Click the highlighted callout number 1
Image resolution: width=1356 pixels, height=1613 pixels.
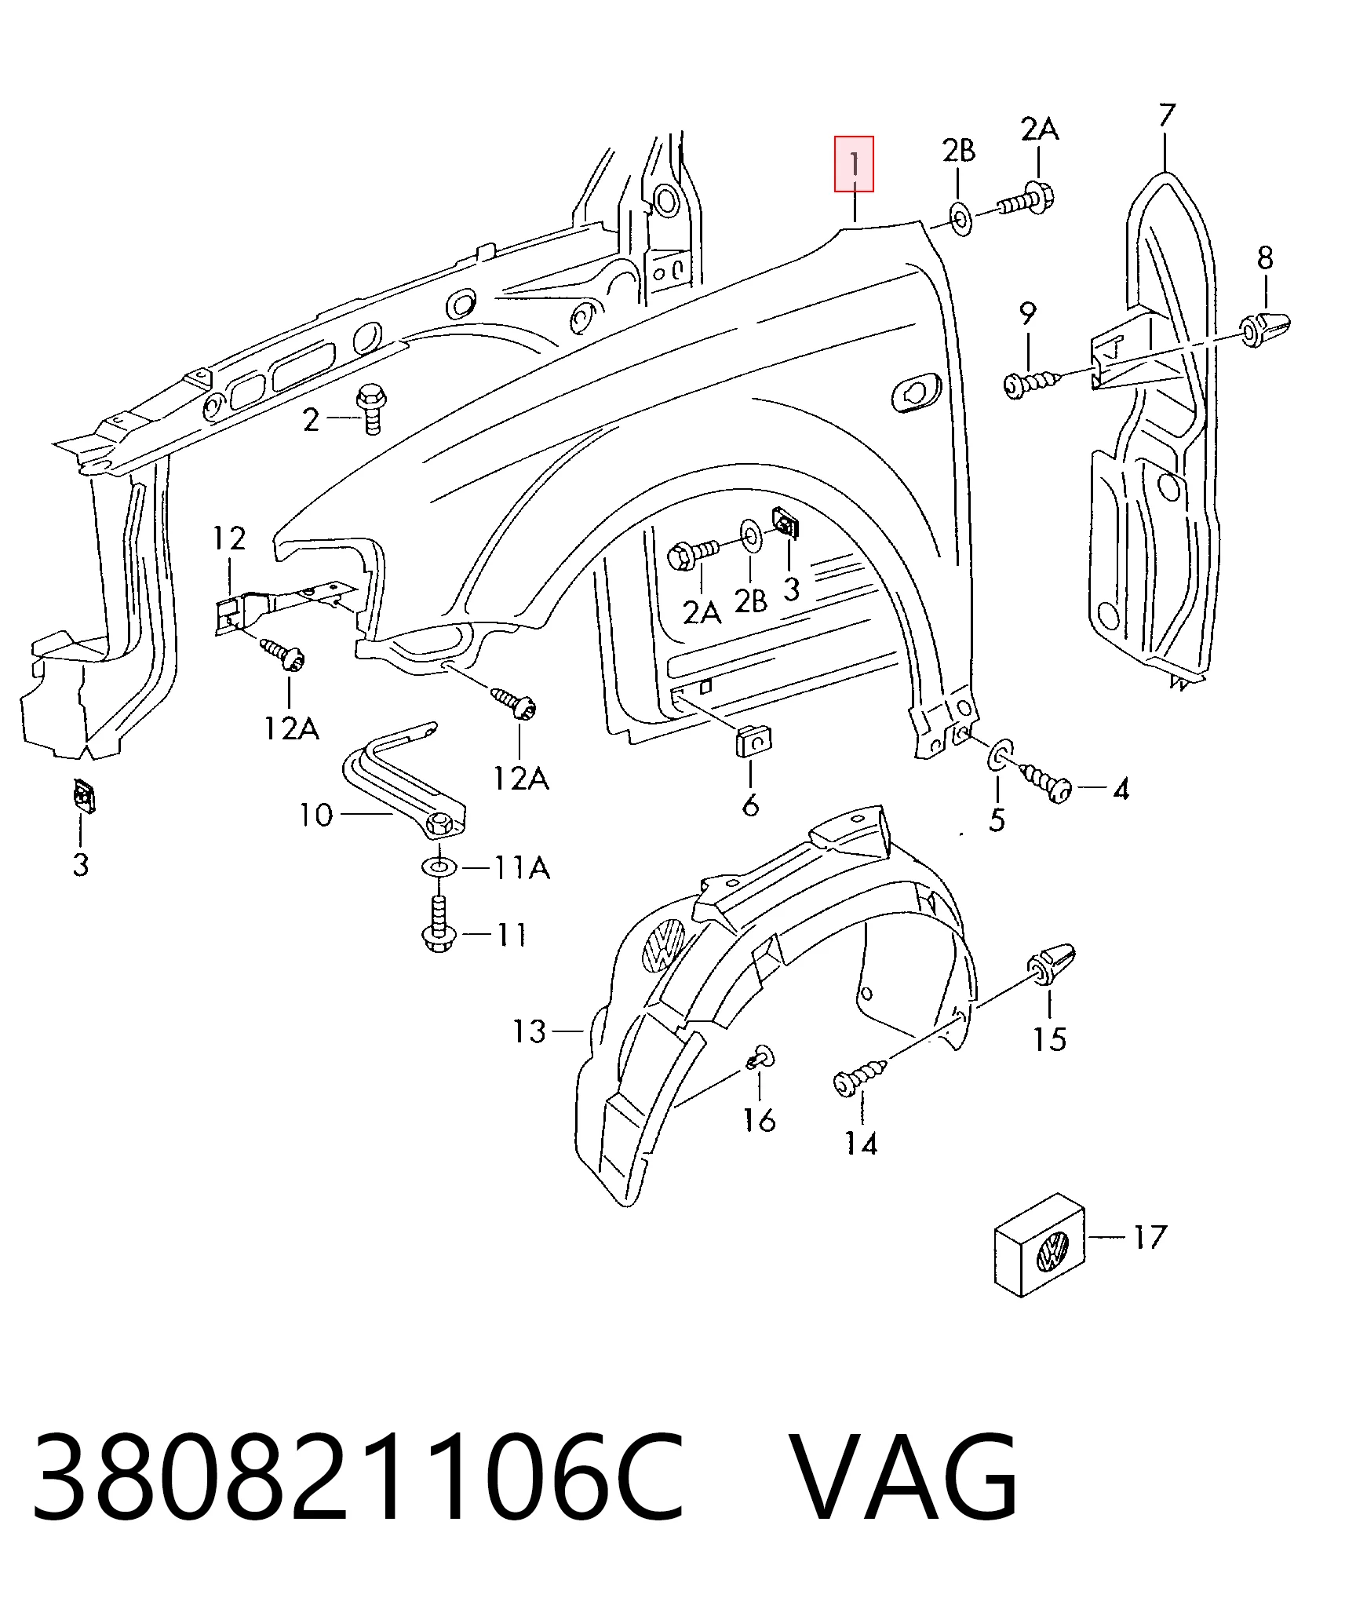854,164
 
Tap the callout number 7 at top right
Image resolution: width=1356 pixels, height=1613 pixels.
1167,115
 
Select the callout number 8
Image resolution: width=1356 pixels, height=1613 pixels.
1265,257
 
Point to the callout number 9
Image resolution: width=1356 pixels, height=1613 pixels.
1028,313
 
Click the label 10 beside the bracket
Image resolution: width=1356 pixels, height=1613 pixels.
315,816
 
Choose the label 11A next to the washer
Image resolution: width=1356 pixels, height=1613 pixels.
522,868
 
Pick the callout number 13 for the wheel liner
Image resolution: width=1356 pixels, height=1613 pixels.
529,1031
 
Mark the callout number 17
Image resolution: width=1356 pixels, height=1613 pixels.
1150,1238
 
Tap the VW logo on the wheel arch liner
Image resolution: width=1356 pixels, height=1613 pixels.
664,945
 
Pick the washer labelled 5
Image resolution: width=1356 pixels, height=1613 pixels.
1000,756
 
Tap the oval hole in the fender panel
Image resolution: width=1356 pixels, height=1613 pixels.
916,392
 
